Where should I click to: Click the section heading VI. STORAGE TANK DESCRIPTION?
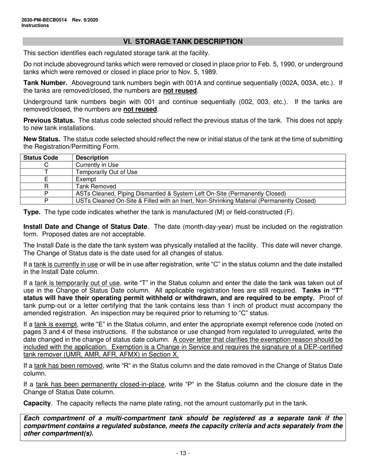pos(183,42)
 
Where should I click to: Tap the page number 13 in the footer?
pos(183,453)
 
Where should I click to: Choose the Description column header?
pos(92,158)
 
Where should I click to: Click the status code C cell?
pos(46,165)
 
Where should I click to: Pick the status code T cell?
pos(46,172)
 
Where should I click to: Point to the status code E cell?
pos(46,179)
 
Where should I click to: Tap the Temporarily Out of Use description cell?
pos(106,172)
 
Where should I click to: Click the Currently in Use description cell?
pos(97,165)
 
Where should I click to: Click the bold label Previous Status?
pos(49,120)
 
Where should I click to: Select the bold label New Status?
pos(42,139)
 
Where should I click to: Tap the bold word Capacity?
pos(37,403)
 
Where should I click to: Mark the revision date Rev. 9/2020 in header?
pos(85,20)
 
